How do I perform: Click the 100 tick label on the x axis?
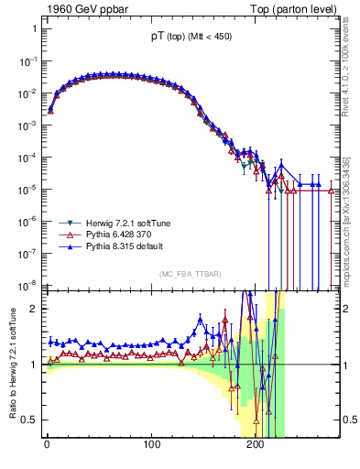(x=151, y=447)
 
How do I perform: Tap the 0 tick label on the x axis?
(x=47, y=447)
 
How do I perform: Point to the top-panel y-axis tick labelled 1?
(x=33, y=28)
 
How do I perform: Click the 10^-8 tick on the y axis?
(x=27, y=284)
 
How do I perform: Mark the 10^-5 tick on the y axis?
(x=27, y=189)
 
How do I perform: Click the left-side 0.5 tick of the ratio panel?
(x=30, y=420)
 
